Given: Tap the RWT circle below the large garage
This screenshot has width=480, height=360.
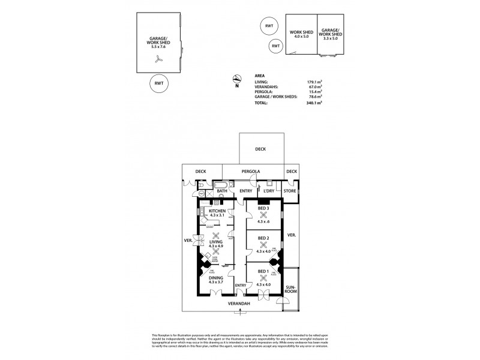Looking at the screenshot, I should (158, 83).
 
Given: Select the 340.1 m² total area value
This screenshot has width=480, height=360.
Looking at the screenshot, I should (314, 103).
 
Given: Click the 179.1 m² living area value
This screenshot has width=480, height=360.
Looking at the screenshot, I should (314, 81).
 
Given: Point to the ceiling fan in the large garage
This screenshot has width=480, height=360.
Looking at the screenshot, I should (158, 59).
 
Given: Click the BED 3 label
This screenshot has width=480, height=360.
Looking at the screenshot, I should (262, 209).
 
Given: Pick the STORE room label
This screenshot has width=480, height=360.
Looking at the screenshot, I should (290, 191).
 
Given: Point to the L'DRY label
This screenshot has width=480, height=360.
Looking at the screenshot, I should (268, 191).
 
